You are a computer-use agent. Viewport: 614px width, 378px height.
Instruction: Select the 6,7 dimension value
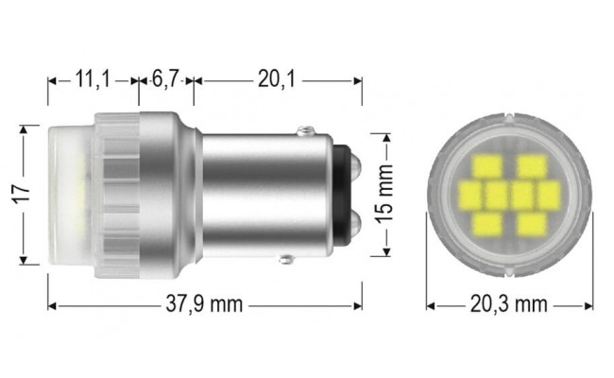[166, 81]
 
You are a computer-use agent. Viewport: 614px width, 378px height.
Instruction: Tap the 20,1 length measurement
[276, 81]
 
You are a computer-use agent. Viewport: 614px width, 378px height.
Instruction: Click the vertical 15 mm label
[385, 194]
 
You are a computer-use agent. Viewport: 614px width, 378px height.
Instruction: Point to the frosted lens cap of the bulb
[68, 194]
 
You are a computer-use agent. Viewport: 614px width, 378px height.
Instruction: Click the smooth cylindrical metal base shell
[255, 194]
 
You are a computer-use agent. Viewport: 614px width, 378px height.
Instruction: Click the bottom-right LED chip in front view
[531, 224]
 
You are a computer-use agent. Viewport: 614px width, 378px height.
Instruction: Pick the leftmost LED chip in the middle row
[469, 196]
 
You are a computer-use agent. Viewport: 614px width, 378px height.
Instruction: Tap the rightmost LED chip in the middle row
[551, 196]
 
